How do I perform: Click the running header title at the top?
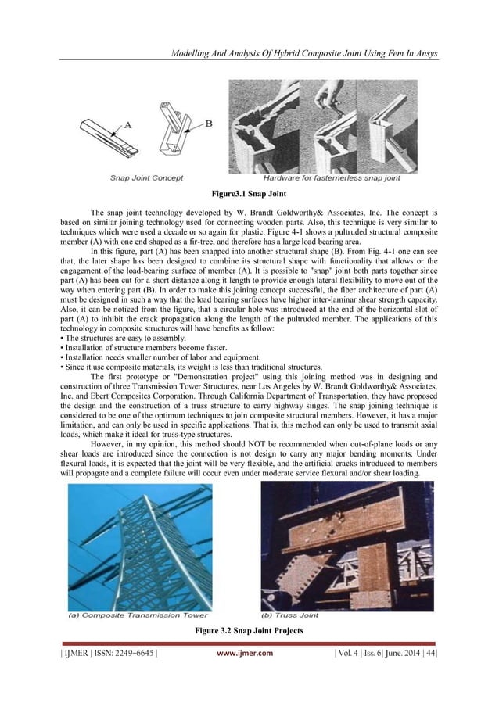point(306,52)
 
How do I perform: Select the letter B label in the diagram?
point(209,122)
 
